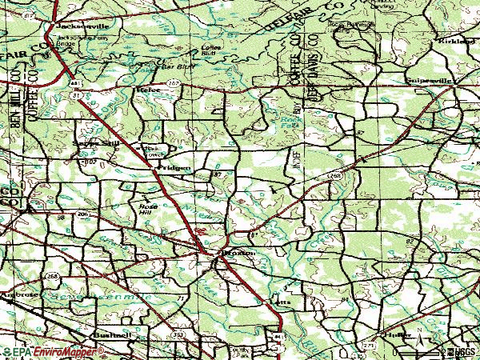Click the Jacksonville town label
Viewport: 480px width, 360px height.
tap(73, 26)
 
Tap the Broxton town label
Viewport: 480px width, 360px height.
tap(238, 253)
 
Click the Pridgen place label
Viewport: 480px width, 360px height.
tap(174, 168)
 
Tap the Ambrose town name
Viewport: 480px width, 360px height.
tap(18, 294)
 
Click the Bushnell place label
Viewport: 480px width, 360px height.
tap(111, 334)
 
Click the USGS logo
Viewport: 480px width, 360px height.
tap(462, 352)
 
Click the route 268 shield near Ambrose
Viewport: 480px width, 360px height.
tap(53, 276)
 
